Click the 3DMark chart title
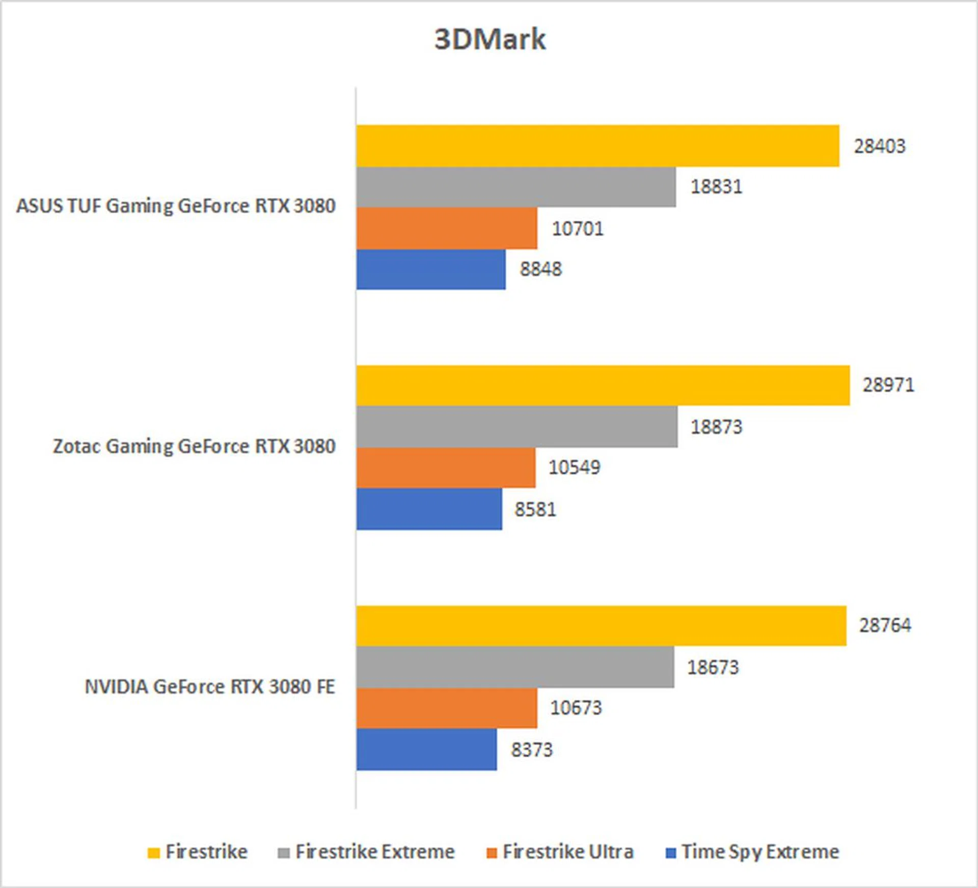pyautogui.click(x=490, y=39)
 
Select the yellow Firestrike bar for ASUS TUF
pyautogui.click(x=597, y=146)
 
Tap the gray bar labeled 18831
pyautogui.click(x=515, y=187)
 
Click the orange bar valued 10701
pyautogui.click(x=446, y=228)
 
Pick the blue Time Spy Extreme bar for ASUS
pyautogui.click(x=431, y=269)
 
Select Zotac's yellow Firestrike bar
pyautogui.click(x=603, y=385)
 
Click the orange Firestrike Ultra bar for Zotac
pyautogui.click(x=446, y=467)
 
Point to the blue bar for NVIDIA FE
pyautogui.click(x=426, y=750)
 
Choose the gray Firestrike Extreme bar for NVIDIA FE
pyautogui.click(x=514, y=667)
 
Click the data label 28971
pyautogui.click(x=888, y=385)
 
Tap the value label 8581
pyautogui.click(x=535, y=509)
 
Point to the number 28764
pyautogui.click(x=885, y=625)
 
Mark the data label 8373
pyautogui.click(x=531, y=750)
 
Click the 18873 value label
pyautogui.click(x=716, y=427)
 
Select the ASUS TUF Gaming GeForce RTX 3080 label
pyautogui.click(x=176, y=206)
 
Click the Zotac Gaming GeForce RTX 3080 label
pyautogui.click(x=194, y=446)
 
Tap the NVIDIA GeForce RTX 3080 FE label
pyautogui.click(x=210, y=686)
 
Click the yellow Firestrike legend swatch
pyautogui.click(x=153, y=853)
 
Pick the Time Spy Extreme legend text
pyautogui.click(x=760, y=852)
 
